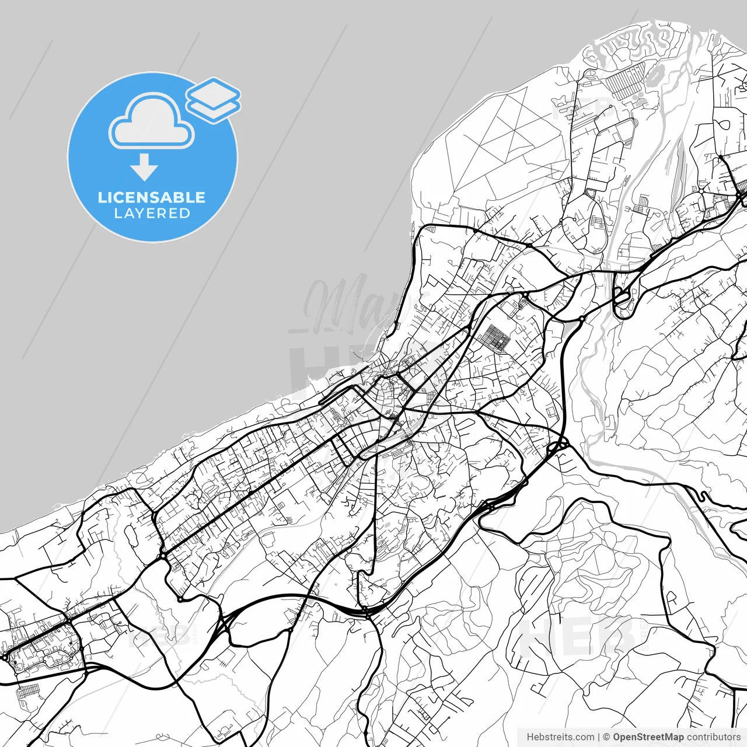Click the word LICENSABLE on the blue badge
(152, 197)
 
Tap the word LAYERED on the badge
(152, 214)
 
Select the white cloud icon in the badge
(152, 123)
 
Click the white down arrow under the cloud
(144, 168)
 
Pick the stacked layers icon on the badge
(214, 100)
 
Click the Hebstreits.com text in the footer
(560, 737)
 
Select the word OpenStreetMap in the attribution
(648, 737)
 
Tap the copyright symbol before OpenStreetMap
(606, 737)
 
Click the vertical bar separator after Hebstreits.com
(599, 737)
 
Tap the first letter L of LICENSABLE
(102, 197)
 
